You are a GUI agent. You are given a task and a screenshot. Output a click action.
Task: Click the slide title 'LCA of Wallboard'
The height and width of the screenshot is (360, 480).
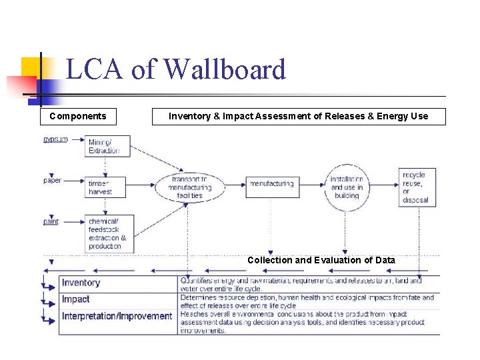(x=176, y=69)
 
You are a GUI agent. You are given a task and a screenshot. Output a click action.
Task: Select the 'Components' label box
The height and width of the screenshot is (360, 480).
(x=78, y=117)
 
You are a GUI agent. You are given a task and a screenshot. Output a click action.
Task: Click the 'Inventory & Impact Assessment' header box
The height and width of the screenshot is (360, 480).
(x=298, y=117)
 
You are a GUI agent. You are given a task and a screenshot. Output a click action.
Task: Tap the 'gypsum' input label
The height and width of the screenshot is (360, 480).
(x=55, y=139)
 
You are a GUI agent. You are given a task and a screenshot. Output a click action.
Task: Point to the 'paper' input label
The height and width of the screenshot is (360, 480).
(x=53, y=180)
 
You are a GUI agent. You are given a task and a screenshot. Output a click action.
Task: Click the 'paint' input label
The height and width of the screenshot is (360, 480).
(x=51, y=221)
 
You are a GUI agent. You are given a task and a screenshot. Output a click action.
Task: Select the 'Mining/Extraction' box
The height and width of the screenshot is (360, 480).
(x=108, y=146)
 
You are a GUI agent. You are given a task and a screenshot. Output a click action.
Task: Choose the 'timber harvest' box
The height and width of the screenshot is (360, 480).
(x=108, y=187)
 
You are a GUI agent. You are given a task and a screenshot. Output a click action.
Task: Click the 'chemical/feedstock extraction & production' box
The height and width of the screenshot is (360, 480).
(x=109, y=233)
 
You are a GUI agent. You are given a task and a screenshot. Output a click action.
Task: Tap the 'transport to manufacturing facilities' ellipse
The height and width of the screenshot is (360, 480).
(x=189, y=187)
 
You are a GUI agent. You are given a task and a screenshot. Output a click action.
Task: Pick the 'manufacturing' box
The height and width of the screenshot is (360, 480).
(x=271, y=183)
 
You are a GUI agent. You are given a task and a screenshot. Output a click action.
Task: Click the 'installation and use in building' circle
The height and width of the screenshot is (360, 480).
(x=347, y=187)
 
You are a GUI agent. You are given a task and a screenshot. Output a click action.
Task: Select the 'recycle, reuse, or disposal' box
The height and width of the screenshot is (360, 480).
(x=417, y=187)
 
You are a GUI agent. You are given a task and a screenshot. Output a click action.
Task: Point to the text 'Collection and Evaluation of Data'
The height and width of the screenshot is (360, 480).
(x=321, y=260)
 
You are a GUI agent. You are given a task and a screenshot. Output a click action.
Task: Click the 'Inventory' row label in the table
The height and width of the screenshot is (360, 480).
(x=81, y=283)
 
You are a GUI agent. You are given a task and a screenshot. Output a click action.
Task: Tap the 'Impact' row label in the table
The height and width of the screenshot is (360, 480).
(x=75, y=299)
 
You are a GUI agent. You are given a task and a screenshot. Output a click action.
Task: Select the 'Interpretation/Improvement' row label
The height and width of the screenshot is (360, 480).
(x=117, y=316)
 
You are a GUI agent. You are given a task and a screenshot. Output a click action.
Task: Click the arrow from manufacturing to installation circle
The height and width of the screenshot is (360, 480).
(x=311, y=185)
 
